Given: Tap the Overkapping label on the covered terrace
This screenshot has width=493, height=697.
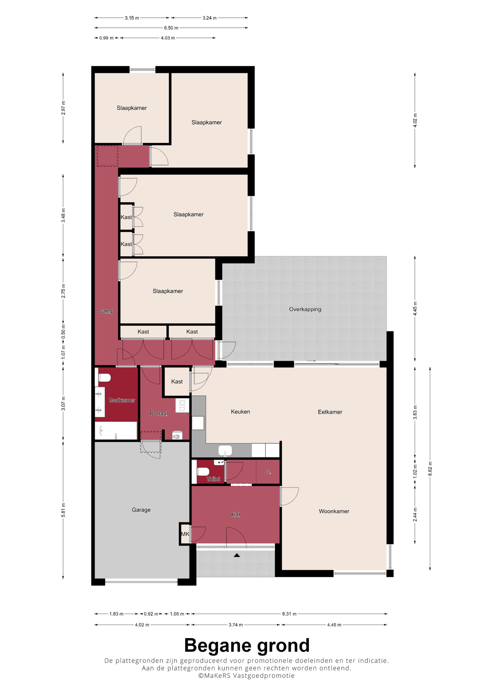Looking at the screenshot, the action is tap(305, 309).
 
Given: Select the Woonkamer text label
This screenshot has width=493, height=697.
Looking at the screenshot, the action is tap(334, 511).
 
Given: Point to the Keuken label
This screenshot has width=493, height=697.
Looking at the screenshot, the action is tap(240, 412).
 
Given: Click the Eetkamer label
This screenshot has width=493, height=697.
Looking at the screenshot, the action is tap(330, 412).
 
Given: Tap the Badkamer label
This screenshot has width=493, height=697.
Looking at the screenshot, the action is tap(122, 400).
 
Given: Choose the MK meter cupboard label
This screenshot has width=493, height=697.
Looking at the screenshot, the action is tap(185, 534).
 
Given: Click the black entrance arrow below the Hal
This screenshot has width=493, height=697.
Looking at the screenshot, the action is tap(237, 556).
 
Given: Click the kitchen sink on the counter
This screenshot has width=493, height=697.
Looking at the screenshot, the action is tap(225, 450).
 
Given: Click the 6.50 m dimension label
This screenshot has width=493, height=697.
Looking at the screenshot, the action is tap(171, 28).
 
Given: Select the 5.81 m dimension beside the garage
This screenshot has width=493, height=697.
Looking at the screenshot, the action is tap(63, 510).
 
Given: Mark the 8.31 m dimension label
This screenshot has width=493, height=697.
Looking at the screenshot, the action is tap(289, 614).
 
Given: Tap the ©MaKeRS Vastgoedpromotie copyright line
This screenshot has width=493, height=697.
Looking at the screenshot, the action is tap(246, 676).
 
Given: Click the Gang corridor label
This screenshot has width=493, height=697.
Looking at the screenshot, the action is tap(106, 311).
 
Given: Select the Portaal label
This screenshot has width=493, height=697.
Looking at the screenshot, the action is tap(158, 414).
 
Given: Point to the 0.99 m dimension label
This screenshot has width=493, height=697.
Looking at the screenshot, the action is tap(106, 38).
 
